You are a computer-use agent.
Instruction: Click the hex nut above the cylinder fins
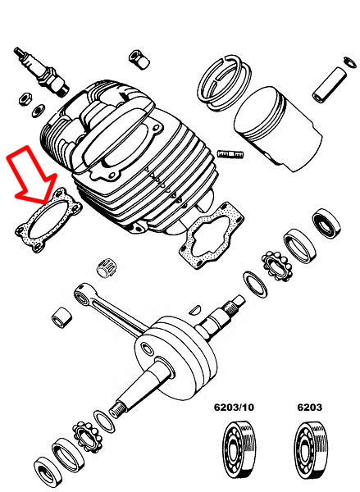135,59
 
